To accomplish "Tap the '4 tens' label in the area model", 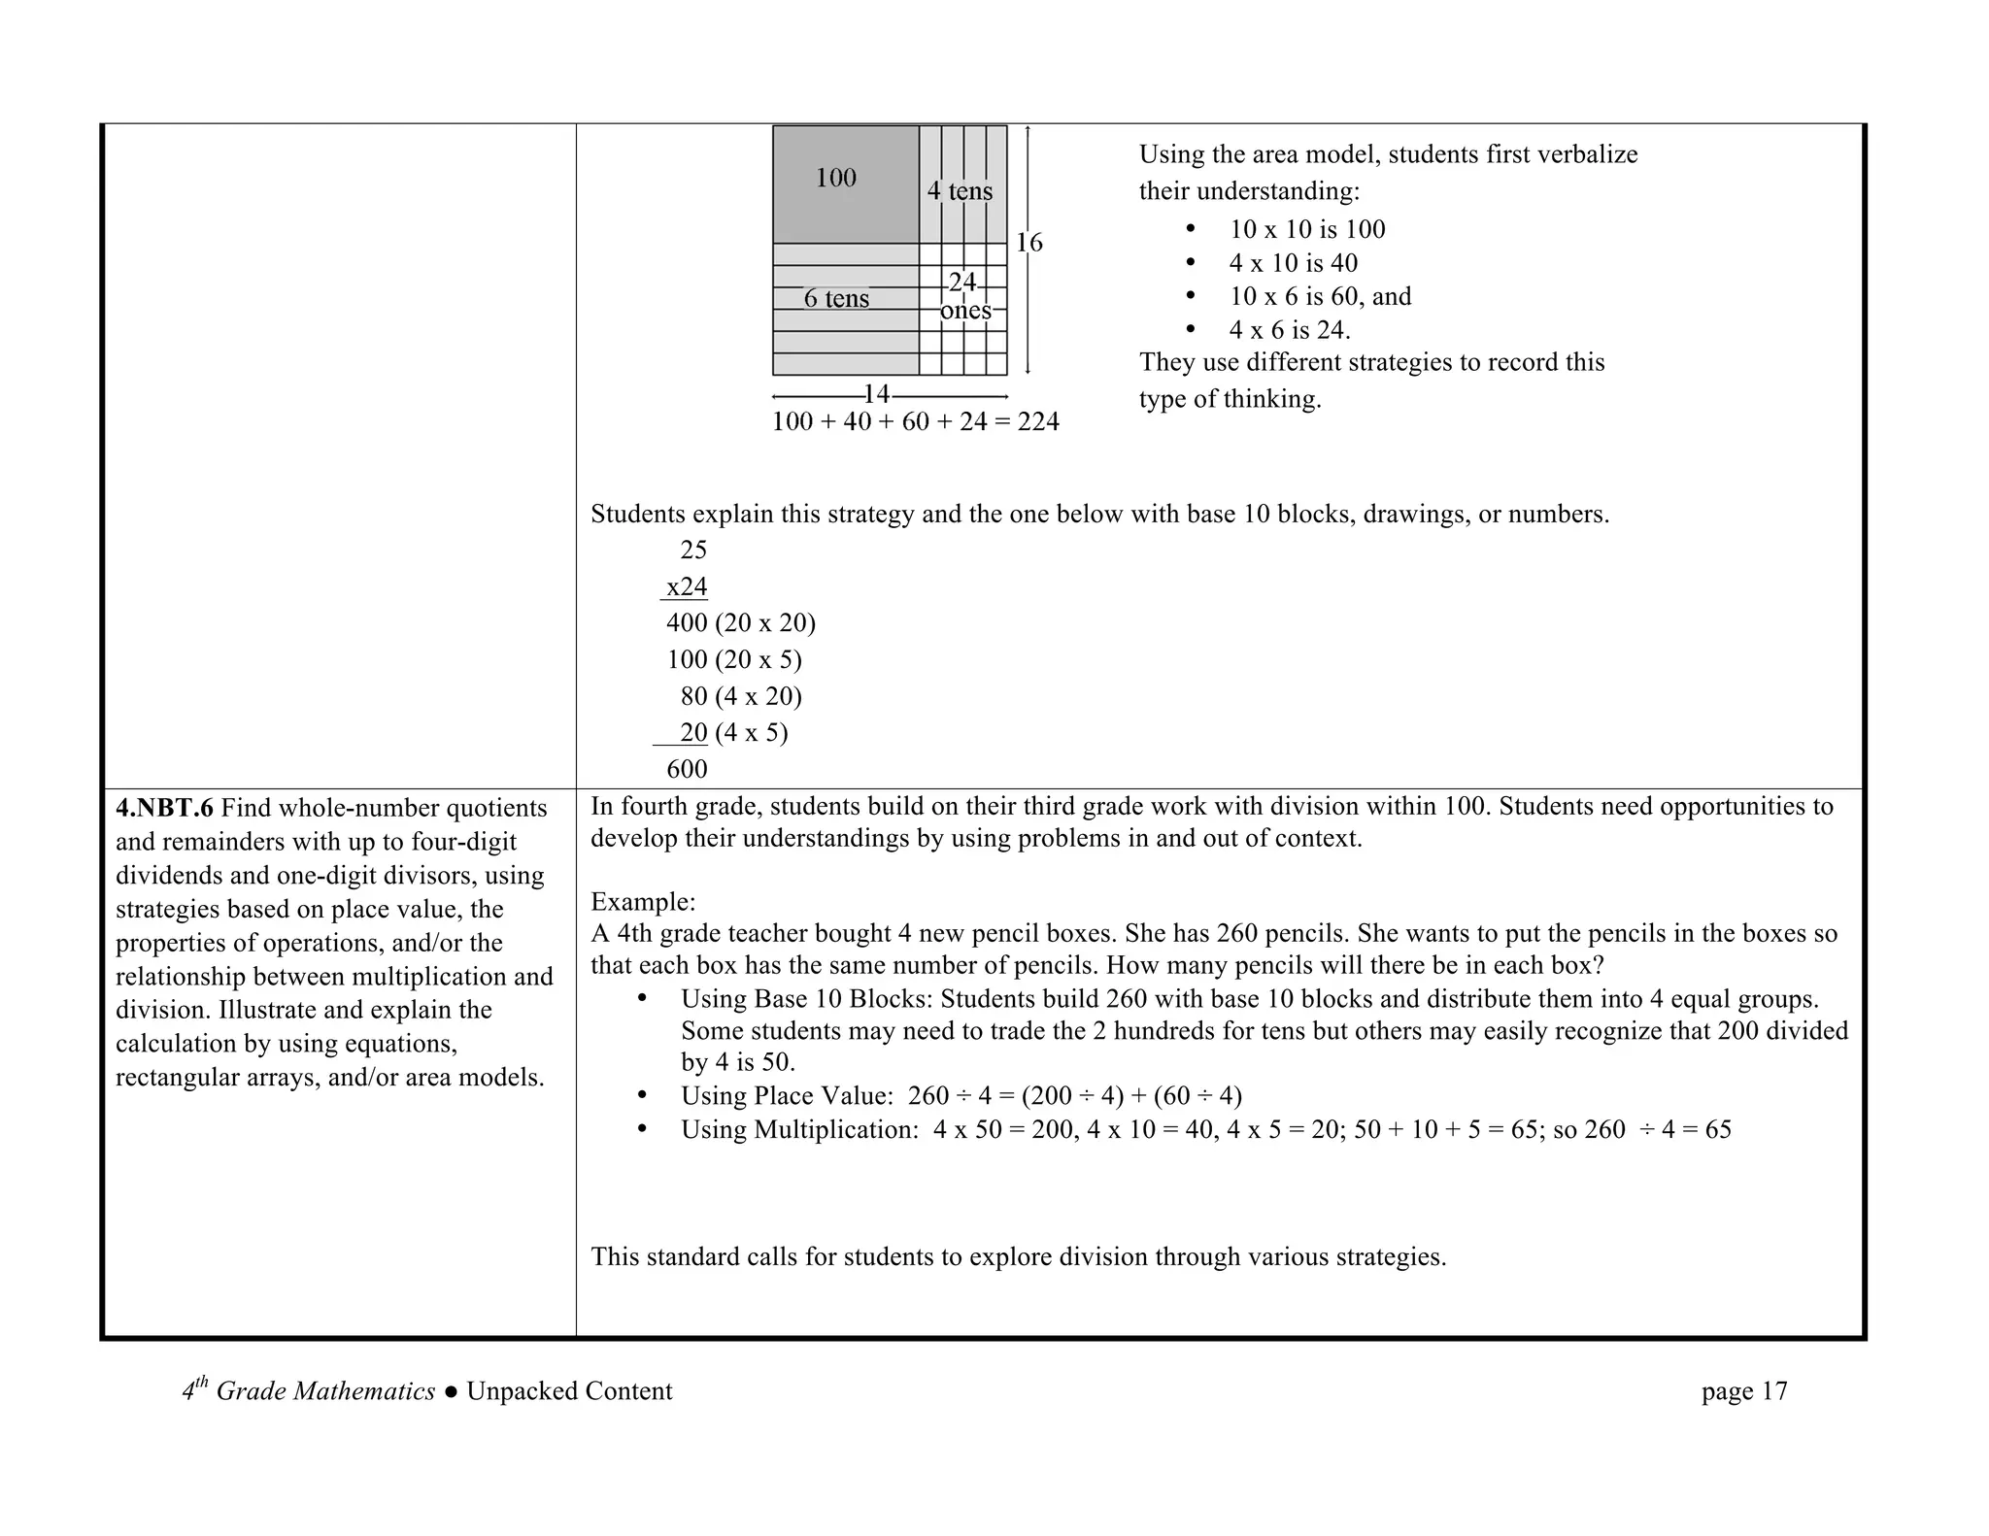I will (960, 191).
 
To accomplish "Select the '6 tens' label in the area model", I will (836, 299).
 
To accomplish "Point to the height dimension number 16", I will (1028, 243).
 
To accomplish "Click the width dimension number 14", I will (876, 394).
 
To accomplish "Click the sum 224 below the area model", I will (1037, 422).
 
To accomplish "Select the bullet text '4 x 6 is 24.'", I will (1289, 330).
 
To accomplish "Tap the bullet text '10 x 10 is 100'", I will (1306, 230).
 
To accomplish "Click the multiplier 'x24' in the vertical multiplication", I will (686, 587).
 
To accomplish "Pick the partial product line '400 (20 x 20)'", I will (740, 623).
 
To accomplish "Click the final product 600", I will (687, 770).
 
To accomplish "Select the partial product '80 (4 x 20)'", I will (740, 696).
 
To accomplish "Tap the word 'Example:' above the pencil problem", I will (642, 902).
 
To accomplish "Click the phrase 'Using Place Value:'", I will (786, 1096).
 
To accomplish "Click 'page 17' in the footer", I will (1743, 1391).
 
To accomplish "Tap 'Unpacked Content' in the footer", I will (569, 1391).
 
